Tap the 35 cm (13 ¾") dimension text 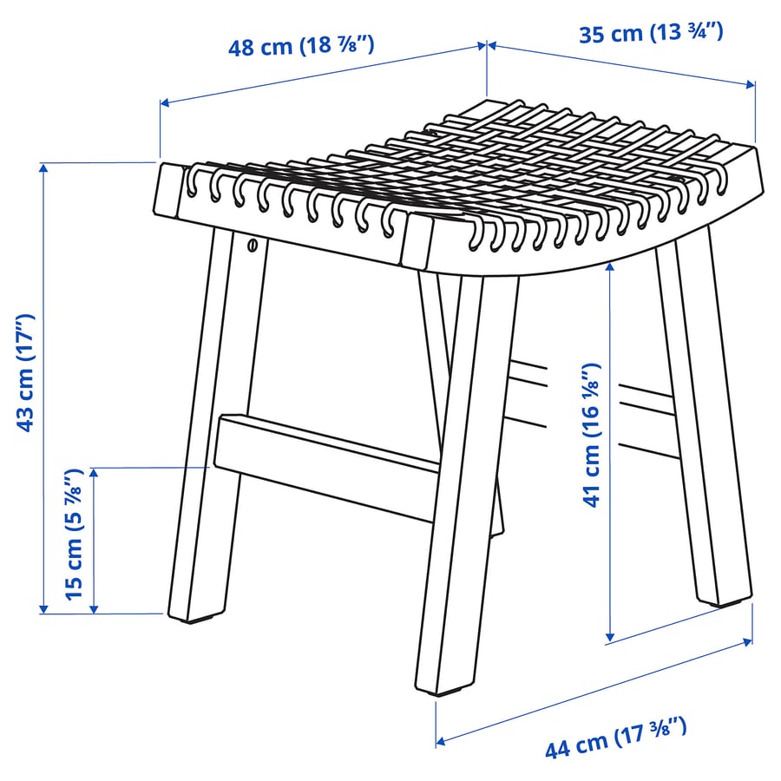coord(651,34)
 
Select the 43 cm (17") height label coord(27,373)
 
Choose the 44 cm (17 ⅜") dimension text coord(616,738)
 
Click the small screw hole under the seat coord(253,246)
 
